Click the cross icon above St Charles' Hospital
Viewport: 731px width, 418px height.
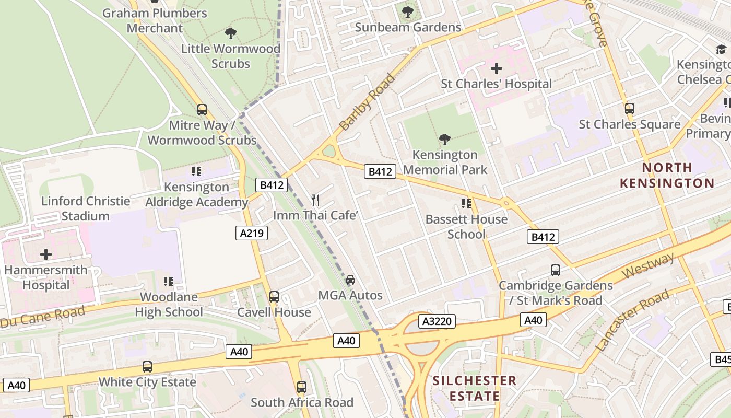[496, 68]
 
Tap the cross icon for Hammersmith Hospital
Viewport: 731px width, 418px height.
[46, 254]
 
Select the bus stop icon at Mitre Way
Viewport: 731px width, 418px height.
[202, 110]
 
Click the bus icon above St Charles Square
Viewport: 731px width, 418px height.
[630, 109]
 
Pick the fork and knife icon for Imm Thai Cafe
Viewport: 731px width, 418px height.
[315, 200]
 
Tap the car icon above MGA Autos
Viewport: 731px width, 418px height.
[350, 280]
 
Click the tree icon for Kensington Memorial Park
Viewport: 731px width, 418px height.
[445, 140]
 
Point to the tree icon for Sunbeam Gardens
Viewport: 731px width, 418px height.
[408, 11]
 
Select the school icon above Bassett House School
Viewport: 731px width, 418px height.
[466, 204]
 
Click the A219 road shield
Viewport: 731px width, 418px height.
[252, 233]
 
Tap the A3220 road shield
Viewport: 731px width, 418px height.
[437, 321]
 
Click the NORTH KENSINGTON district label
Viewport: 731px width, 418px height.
[667, 176]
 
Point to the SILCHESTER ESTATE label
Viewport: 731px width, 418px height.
[474, 388]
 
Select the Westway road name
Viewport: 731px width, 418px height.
[649, 265]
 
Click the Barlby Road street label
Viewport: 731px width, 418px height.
[367, 102]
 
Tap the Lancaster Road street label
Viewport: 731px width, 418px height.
[632, 320]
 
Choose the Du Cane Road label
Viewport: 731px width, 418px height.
[43, 317]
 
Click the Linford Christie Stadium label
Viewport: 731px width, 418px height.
[86, 208]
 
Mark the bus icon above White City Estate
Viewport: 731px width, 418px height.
[147, 367]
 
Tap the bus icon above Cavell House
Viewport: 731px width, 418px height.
[274, 297]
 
